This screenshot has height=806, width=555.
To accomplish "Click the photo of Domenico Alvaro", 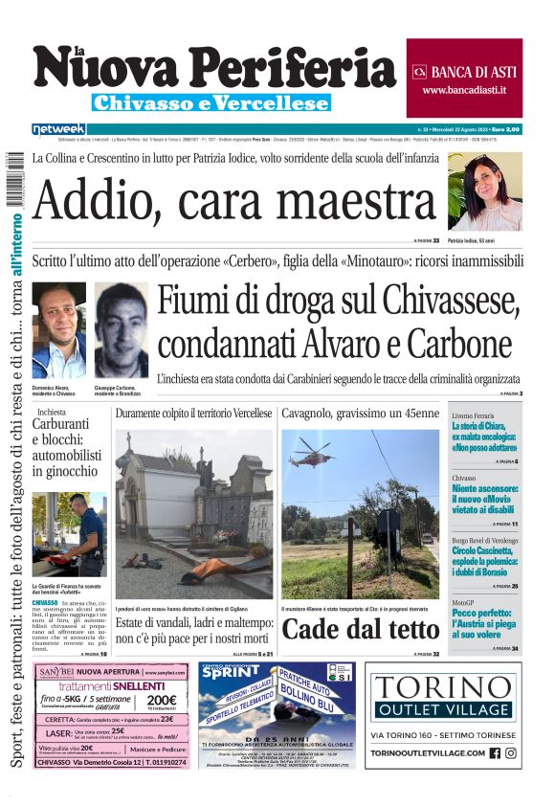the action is point(59,329).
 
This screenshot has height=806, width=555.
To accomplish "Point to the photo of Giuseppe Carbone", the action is point(122,329).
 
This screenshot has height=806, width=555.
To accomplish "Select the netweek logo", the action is point(58,128).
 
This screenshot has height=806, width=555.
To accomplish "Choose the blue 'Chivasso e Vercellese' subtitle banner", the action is point(211,102).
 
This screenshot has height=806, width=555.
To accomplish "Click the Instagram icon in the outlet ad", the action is point(511,752).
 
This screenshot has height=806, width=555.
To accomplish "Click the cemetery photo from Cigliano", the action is point(194,514).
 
